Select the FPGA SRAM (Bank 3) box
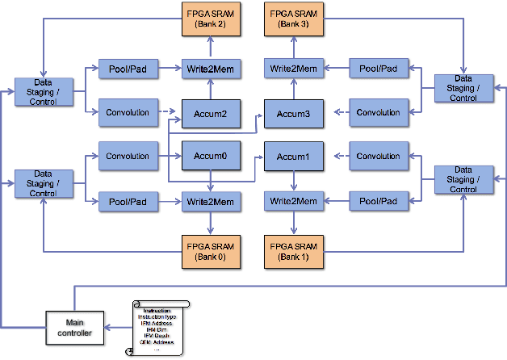293,19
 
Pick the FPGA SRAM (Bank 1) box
293,252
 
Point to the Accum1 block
294,157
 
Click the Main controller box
75,326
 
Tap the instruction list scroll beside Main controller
157,329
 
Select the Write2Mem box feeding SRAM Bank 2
212,69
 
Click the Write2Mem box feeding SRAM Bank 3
294,69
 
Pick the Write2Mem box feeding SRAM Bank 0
212,200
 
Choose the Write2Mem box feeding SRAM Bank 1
294,200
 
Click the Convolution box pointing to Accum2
128,112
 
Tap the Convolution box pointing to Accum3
378,112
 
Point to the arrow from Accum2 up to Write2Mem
212,89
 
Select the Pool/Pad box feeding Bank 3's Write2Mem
378,69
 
